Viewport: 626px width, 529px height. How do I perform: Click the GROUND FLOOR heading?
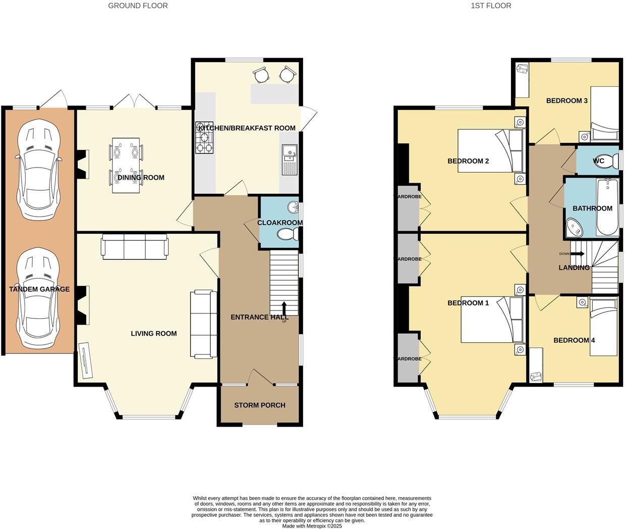pyautogui.click(x=138, y=6)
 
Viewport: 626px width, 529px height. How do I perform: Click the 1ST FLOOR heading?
pyautogui.click(x=491, y=6)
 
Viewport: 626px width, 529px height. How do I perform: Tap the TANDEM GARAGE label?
pyautogui.click(x=39, y=289)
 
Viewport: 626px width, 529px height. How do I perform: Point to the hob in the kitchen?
pyautogui.click(x=204, y=137)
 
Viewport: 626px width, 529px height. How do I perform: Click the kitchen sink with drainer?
pyautogui.click(x=290, y=158)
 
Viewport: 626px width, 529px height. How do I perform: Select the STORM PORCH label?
pyautogui.click(x=259, y=405)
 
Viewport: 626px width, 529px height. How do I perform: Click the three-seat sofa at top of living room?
pyautogui.click(x=135, y=247)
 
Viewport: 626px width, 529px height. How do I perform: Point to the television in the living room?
pyautogui.click(x=86, y=360)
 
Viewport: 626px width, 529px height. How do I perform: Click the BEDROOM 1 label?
pyautogui.click(x=468, y=303)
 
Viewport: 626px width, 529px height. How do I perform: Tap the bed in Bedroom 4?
pyautogui.click(x=604, y=327)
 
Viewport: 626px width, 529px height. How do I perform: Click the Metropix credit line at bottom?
pyautogui.click(x=312, y=526)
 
